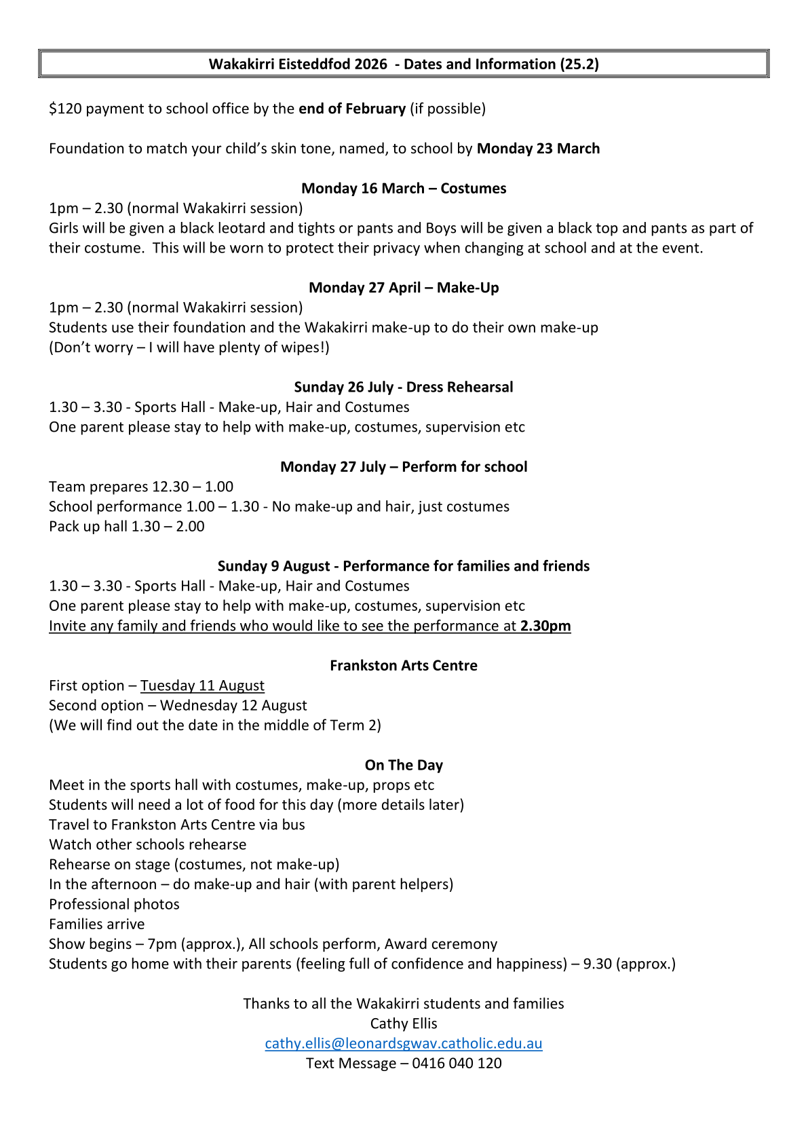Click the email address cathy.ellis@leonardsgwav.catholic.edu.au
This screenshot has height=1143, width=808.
click(404, 1043)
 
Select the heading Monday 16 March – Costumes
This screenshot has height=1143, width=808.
click(404, 188)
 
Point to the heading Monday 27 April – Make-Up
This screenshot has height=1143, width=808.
click(404, 287)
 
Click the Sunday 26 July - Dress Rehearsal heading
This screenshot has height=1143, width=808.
click(404, 387)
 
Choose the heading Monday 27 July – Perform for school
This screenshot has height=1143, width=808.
click(404, 466)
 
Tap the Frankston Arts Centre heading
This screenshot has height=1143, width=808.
click(404, 665)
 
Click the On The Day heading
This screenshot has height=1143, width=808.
click(404, 765)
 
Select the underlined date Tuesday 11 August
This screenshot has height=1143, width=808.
click(202, 686)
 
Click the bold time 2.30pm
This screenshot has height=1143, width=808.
click(545, 626)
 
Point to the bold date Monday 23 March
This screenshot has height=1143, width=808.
click(538, 149)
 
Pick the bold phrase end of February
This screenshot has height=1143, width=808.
click(352, 109)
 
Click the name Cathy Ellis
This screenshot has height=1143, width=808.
click(404, 1024)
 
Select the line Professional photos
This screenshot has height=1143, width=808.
click(114, 904)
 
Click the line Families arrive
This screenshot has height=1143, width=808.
click(96, 924)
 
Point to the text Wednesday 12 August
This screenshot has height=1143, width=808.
click(233, 705)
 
